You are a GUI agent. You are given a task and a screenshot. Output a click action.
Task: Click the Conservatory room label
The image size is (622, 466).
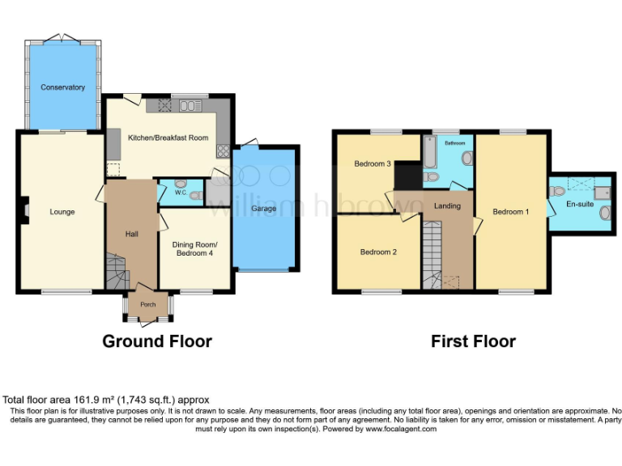(62, 87)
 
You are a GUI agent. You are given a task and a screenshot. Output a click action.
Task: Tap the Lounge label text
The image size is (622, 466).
(62, 212)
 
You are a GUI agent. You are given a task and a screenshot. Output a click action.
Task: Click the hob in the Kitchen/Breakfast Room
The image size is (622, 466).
(221, 150)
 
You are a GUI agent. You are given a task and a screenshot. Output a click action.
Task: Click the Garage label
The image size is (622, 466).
(264, 209)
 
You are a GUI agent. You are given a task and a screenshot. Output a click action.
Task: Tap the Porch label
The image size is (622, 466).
(148, 305)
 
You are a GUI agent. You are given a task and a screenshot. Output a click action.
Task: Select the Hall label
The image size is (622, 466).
(131, 234)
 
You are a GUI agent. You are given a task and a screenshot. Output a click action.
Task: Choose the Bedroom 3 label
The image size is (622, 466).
(373, 164)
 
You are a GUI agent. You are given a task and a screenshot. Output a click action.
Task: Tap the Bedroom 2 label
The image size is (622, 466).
(378, 252)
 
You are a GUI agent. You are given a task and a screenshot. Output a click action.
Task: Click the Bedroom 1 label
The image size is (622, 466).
(510, 212)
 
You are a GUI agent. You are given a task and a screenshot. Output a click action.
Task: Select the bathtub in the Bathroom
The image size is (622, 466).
(430, 151)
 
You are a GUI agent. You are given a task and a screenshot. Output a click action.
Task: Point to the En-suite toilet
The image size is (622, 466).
(558, 192)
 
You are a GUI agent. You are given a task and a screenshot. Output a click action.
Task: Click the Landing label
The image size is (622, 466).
(447, 205)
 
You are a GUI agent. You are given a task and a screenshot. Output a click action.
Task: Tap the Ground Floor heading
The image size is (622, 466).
(157, 341)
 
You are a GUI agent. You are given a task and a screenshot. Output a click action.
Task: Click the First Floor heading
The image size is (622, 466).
(473, 341)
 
